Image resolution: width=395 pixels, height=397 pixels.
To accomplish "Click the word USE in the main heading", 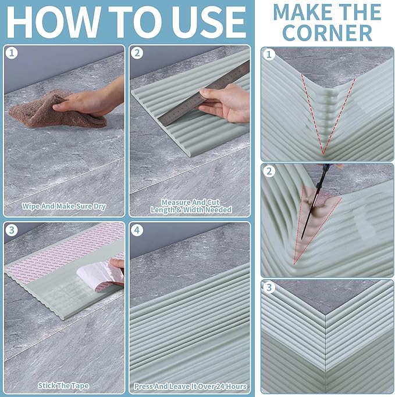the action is (x=208, y=22).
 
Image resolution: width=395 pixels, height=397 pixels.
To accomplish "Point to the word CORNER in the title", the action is (x=327, y=33).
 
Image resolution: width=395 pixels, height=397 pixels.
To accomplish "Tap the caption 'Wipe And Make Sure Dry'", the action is (x=63, y=207).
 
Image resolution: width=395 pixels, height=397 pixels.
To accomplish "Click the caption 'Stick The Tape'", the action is (x=63, y=385).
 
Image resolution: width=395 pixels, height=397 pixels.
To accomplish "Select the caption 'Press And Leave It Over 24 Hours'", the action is (x=190, y=387).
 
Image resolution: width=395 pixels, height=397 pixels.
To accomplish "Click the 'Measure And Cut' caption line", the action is (x=191, y=203).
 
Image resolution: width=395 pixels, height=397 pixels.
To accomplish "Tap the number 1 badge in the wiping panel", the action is (x=12, y=53).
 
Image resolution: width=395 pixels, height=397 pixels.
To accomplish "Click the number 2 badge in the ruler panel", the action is (x=137, y=53).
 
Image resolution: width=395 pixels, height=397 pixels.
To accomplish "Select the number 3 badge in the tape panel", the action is (x=12, y=230).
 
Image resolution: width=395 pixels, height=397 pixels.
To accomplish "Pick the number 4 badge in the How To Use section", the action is (x=137, y=230).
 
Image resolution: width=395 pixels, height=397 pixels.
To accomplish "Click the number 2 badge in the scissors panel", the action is (x=269, y=171).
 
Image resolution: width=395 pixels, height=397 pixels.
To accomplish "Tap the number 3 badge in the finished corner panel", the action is (x=269, y=288).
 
